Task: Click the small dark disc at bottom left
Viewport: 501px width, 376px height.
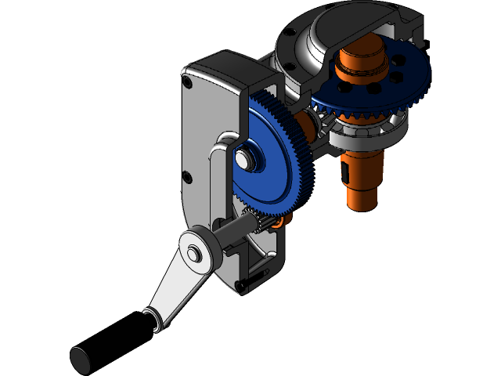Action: coord(80,360)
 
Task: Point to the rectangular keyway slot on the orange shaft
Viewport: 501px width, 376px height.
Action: coord(345,172)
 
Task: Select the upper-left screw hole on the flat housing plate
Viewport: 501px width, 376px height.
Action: coord(187,81)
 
